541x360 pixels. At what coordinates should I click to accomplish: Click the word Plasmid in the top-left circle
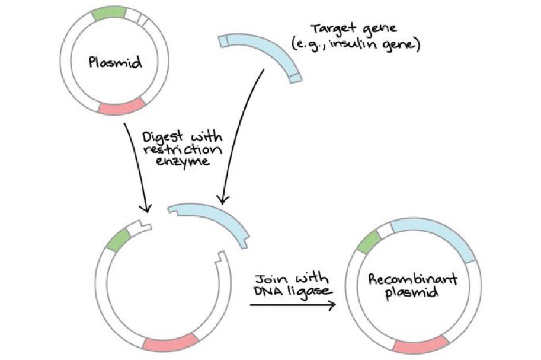(x=115, y=62)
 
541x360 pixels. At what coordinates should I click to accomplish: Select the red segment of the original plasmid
(x=123, y=107)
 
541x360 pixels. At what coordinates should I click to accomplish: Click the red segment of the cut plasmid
(x=170, y=343)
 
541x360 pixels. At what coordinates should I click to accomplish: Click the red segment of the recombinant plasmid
(x=421, y=345)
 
